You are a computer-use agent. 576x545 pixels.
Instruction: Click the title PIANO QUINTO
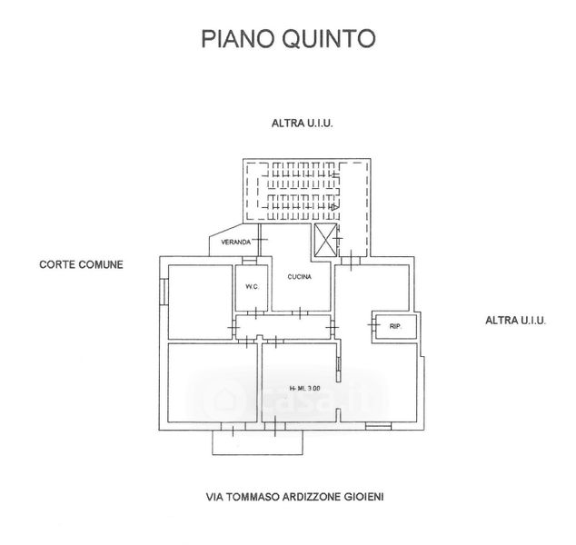coord(287,39)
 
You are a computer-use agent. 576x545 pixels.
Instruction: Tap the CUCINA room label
coord(300,276)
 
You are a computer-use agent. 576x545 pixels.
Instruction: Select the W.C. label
coord(252,288)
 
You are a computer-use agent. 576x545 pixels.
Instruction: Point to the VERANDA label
coord(233,243)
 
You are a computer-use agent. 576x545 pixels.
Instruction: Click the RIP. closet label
coord(395,325)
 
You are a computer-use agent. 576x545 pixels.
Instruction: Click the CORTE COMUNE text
coord(80,264)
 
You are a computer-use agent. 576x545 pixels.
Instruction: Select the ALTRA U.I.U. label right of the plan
coord(513,321)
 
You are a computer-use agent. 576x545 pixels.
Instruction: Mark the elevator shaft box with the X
coord(324,240)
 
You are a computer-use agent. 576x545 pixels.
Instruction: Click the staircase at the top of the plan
coord(299,191)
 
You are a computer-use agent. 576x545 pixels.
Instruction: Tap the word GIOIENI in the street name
coord(372,497)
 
